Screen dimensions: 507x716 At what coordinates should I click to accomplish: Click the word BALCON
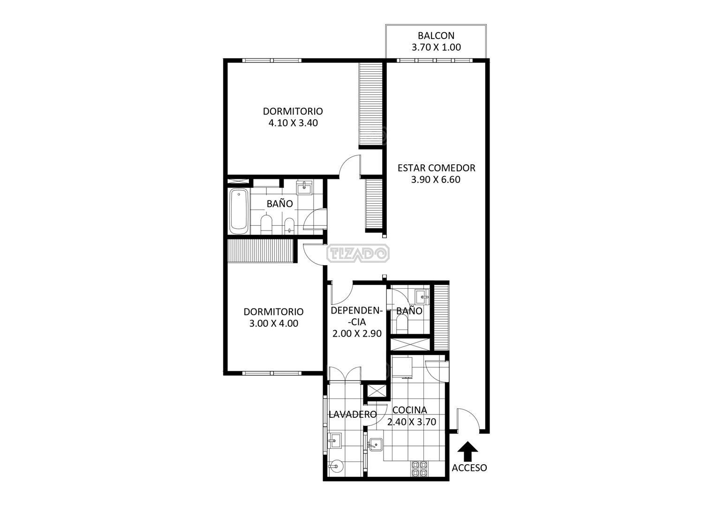click(436, 36)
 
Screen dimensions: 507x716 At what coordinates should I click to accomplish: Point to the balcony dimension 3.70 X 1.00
click(436, 47)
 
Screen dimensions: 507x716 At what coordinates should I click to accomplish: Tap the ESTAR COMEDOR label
click(436, 168)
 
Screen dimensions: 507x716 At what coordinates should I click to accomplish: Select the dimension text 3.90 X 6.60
click(436, 179)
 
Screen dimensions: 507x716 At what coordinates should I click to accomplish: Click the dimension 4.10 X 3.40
click(293, 123)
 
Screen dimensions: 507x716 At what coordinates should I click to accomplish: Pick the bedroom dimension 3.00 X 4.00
click(273, 323)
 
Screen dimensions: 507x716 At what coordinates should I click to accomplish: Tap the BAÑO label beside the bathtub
click(279, 204)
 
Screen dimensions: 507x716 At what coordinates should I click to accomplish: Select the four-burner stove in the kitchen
click(419, 469)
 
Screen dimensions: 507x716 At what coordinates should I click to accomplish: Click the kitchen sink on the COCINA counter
click(376, 444)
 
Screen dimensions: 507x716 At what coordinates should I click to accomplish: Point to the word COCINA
click(409, 410)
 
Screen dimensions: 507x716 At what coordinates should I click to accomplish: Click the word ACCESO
click(469, 468)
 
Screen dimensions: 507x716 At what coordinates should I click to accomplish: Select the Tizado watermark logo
click(358, 254)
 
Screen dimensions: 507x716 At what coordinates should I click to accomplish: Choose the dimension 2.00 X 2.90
click(356, 334)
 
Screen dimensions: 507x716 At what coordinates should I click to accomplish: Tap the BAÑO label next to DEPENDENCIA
click(409, 311)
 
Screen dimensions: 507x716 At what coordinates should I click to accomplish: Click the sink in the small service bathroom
click(421, 296)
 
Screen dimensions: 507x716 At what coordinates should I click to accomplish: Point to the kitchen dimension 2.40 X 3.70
click(412, 422)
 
